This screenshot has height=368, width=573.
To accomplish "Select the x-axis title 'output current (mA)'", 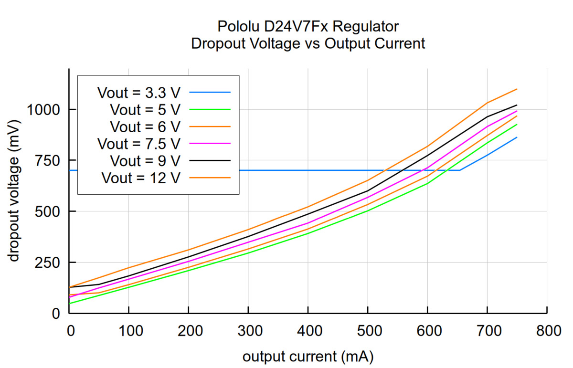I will point(308,357).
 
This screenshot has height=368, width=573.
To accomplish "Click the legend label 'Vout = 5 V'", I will point(145,109).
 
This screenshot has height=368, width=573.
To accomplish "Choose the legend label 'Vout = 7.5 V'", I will point(139,143).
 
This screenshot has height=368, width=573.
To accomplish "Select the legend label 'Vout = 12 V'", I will point(141,178).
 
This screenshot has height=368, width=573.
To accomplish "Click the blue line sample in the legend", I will point(210,92).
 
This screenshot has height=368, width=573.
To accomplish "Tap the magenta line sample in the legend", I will point(210,143).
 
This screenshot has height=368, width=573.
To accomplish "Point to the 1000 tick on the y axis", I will point(42,110).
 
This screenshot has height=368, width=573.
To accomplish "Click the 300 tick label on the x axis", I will point(248,330).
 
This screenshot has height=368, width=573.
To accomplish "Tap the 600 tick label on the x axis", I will point(427,330).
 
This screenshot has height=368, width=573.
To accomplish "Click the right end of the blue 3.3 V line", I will point(517,137).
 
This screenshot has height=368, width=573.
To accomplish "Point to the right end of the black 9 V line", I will point(517,105).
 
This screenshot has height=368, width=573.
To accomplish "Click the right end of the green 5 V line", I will point(517,125).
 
